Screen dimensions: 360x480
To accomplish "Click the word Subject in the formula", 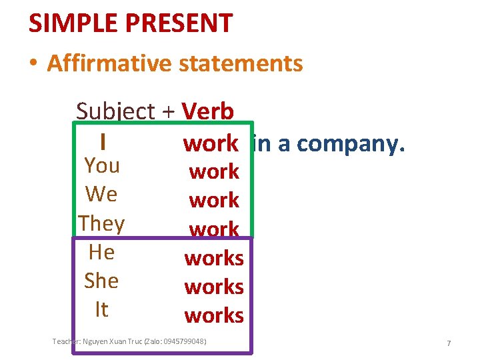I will coord(115,111).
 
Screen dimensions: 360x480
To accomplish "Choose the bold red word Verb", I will coord(207,111).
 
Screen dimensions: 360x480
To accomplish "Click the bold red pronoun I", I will coord(102,142).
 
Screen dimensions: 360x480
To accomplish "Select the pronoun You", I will coord(102,165).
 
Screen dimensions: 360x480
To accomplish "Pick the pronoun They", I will coord(101,223).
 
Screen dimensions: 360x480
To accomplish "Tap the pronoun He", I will coord(101,252).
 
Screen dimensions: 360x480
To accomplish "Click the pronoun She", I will coord(101,281).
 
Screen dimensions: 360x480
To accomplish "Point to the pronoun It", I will coord(101,309).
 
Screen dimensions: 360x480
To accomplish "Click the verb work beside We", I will coord(214,200).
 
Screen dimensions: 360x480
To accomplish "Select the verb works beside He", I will coord(214,257).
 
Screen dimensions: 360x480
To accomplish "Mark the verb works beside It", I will coord(214,315).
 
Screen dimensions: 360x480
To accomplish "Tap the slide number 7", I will coord(449,343).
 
